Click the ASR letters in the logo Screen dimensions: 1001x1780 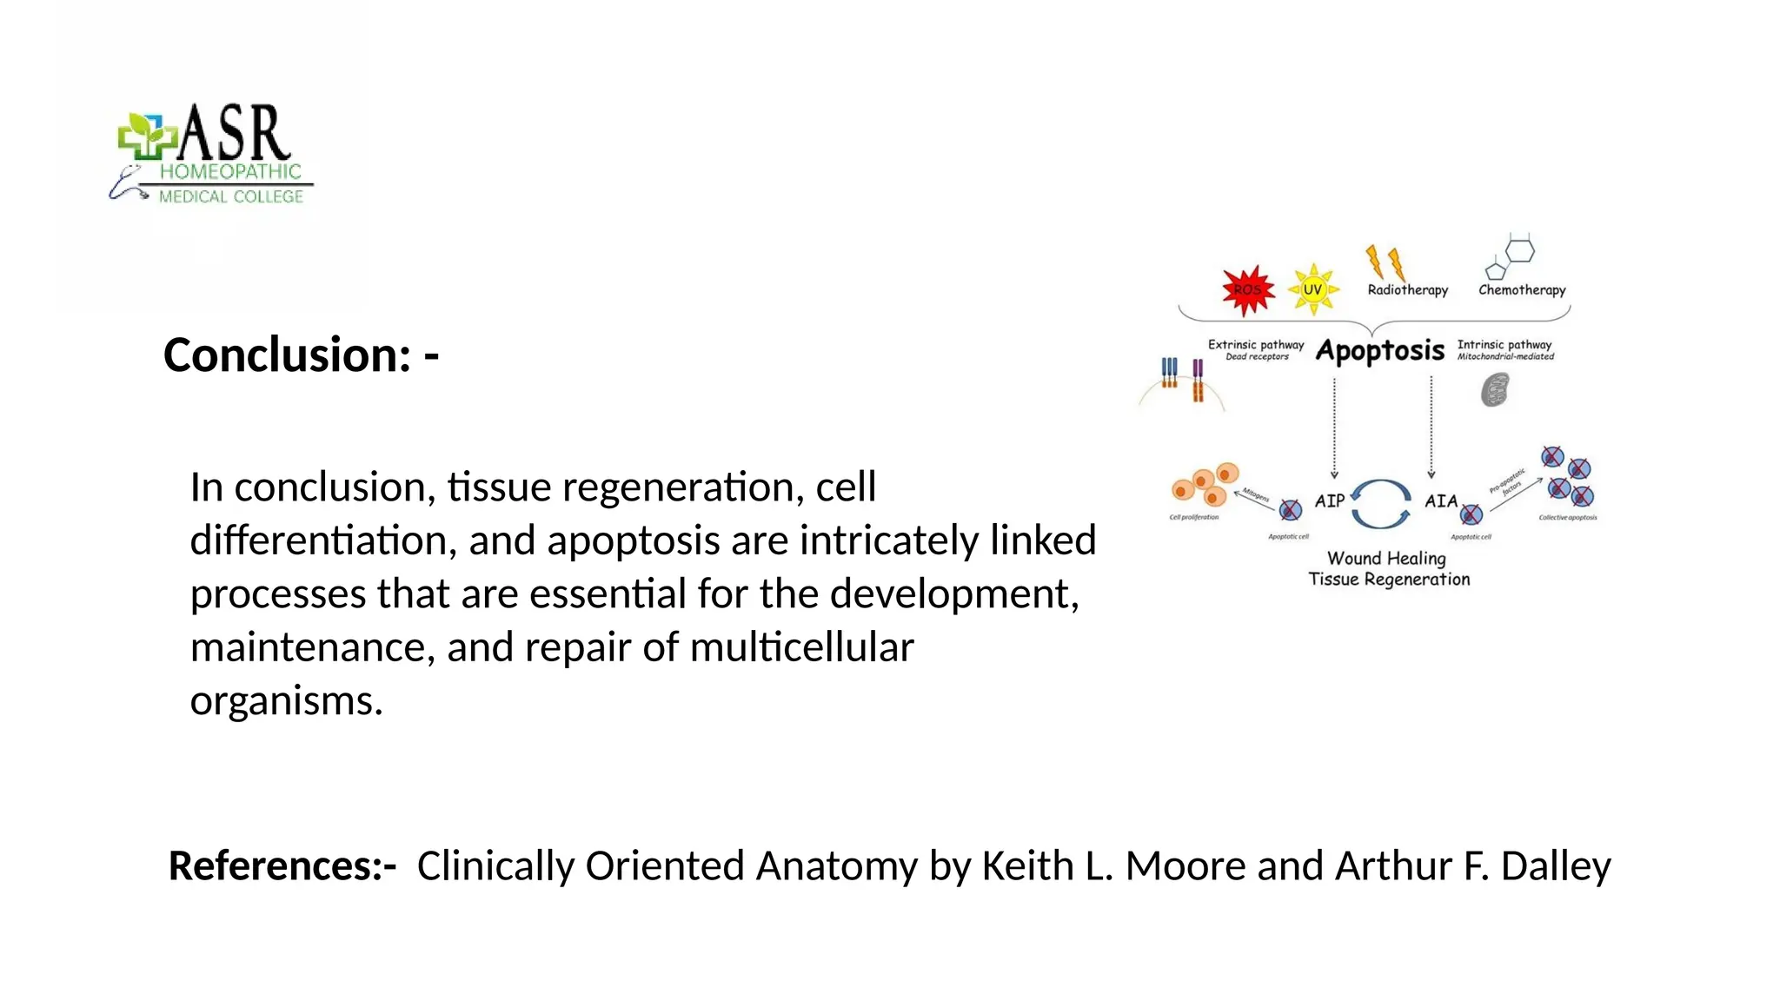pos(233,133)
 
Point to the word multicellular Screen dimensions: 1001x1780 pos(801,647)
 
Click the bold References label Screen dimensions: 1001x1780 pos(282,865)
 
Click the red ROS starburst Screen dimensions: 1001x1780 pos(1247,289)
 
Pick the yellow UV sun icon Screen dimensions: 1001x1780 pos(1312,288)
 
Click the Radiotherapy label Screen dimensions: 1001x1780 pos(1407,290)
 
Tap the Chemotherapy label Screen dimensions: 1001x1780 pos(1522,290)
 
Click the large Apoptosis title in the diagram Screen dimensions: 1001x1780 pos(1379,350)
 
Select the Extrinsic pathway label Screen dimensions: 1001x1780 pos(1256,345)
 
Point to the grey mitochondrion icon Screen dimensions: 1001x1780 pos(1494,390)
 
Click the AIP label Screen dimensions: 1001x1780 pos(1329,500)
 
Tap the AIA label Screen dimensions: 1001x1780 pos(1440,500)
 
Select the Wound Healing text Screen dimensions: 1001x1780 pos(1386,558)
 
